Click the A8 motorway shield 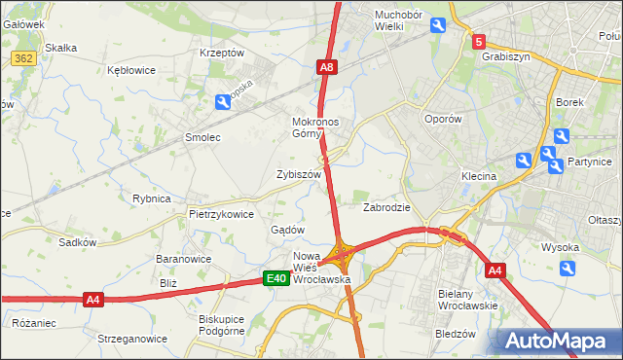[327, 67]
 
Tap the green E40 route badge [276, 279]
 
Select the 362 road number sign [24, 59]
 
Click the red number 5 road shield [478, 42]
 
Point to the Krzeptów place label [221, 53]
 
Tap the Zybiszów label [299, 174]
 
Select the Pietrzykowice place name [221, 213]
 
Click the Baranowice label [184, 259]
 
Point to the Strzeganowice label [132, 339]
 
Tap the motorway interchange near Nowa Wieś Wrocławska [342, 256]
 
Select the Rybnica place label [151, 198]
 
